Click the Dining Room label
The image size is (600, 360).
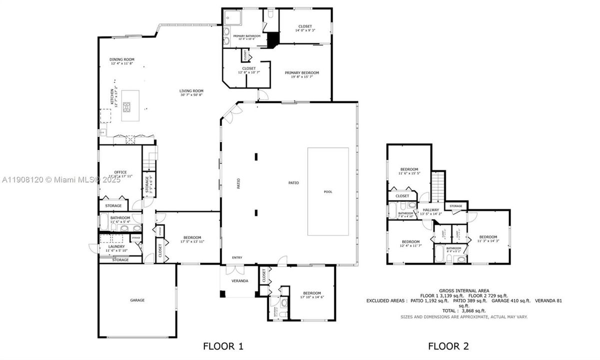(x=122, y=59)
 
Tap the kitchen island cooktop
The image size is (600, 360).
(x=127, y=106)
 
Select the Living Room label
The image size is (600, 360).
(x=191, y=91)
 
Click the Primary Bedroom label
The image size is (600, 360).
(x=302, y=72)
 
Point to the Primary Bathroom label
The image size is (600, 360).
(x=246, y=36)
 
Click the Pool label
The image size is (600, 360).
(x=328, y=192)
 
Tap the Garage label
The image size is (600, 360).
(x=137, y=300)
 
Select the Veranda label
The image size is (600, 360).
(x=240, y=281)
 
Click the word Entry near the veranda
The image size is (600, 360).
(x=237, y=258)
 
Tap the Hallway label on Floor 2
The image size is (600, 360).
(x=431, y=210)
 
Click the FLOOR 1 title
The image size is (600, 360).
(x=223, y=345)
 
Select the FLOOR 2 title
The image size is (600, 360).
(x=448, y=345)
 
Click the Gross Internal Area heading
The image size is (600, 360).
(x=464, y=290)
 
